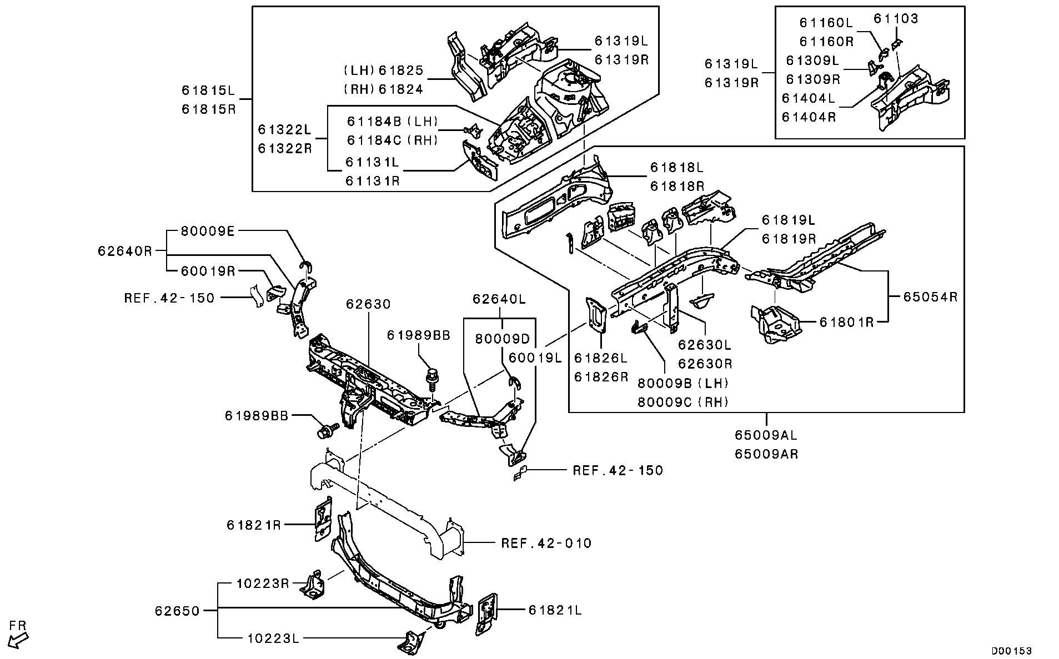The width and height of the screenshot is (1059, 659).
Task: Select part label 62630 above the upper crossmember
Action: tap(368, 304)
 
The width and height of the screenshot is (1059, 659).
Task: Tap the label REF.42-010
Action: tap(546, 543)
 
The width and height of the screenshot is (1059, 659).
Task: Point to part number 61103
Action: tap(896, 19)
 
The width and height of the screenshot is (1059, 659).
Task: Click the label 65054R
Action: tap(930, 296)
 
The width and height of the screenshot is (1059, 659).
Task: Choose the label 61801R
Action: tap(846, 321)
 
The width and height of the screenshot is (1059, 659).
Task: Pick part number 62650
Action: tap(177, 611)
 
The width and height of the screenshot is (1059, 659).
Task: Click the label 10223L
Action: tap(272, 638)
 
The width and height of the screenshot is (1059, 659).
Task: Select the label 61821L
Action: tap(555, 610)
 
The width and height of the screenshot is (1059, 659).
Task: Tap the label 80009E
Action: tap(208, 232)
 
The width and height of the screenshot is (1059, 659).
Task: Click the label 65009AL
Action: tap(766, 436)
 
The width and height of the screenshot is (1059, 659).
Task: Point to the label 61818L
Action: tap(677, 167)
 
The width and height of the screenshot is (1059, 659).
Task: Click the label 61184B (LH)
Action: tap(393, 121)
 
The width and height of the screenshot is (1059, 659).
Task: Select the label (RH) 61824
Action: tap(384, 89)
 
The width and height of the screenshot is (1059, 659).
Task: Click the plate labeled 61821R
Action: tap(323, 519)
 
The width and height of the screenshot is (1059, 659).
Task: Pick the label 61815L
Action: tap(209, 90)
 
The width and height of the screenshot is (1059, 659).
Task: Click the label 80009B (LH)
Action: tap(682, 383)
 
